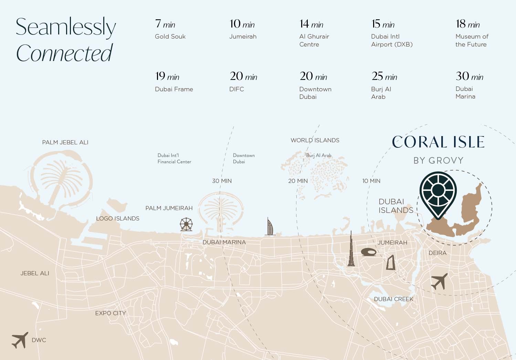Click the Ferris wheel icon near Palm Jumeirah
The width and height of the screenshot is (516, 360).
pos(186,224)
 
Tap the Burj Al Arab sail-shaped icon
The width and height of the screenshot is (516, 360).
pos(270,227)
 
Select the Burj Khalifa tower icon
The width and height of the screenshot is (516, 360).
pos(351,249)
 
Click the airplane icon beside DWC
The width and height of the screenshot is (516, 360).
pos(20,340)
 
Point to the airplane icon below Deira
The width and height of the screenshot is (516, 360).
pos(439,281)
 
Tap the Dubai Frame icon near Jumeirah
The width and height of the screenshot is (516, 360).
pos(390,263)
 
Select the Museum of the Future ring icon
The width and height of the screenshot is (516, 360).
pos(369,252)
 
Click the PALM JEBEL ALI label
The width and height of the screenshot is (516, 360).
pos(65,142)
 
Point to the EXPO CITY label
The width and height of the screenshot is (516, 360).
pos(110,313)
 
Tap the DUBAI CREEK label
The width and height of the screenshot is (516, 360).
pos(393,299)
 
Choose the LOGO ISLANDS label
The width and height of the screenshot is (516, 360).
pos(117,218)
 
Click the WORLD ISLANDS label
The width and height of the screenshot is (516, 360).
pos(315,140)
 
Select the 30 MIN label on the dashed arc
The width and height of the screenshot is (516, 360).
pos(222,181)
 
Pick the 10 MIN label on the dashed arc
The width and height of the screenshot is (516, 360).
pos(371,181)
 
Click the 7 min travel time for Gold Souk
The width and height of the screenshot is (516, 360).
pos(165,24)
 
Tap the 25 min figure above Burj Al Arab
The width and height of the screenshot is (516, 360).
pos(384,76)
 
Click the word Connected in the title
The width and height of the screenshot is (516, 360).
pos(64,53)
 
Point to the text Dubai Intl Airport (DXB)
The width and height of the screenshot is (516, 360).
pos(391,40)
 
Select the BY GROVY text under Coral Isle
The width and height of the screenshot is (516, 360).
pos(438,161)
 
